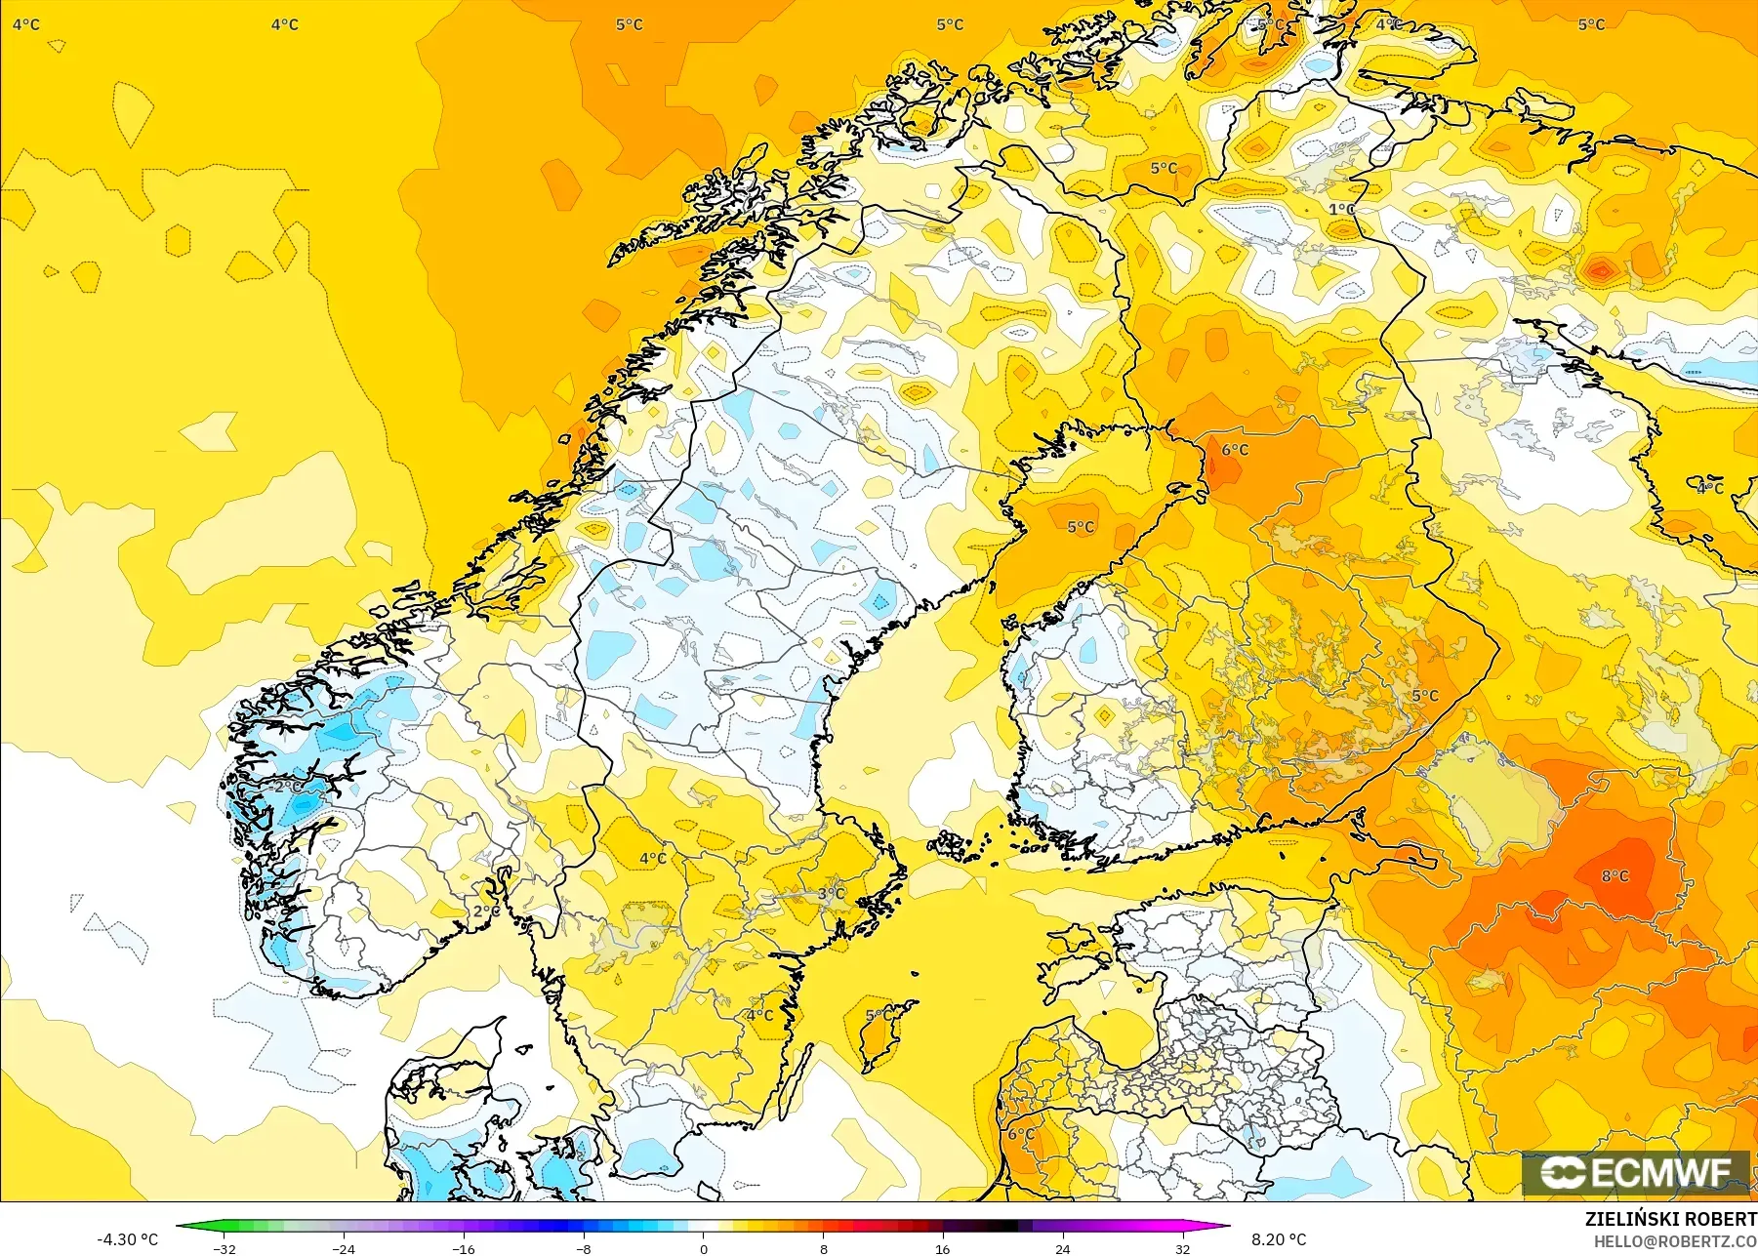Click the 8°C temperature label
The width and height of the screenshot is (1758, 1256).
click(1615, 876)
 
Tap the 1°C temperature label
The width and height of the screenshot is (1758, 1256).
click(1341, 210)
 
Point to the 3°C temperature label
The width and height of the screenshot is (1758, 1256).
click(831, 894)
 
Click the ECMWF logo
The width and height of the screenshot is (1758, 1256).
click(1637, 1173)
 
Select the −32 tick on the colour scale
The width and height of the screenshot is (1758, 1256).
click(225, 1248)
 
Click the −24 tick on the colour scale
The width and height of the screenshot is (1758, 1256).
click(344, 1248)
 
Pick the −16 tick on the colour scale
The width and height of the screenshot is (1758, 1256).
click(464, 1248)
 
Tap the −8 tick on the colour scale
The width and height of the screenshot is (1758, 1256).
click(584, 1248)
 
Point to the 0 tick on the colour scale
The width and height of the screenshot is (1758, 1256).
click(703, 1248)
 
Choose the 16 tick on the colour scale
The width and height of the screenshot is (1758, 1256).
click(942, 1248)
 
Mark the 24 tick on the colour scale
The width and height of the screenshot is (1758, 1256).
click(1062, 1248)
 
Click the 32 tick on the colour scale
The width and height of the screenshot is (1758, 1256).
click(1182, 1248)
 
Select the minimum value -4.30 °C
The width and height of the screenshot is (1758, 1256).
click(127, 1239)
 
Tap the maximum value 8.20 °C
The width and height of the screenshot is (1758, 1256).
click(1278, 1239)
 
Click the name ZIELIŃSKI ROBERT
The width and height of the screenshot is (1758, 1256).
click(1670, 1220)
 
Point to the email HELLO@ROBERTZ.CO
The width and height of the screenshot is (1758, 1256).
click(1675, 1242)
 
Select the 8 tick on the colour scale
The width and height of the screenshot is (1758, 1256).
click(823, 1248)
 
